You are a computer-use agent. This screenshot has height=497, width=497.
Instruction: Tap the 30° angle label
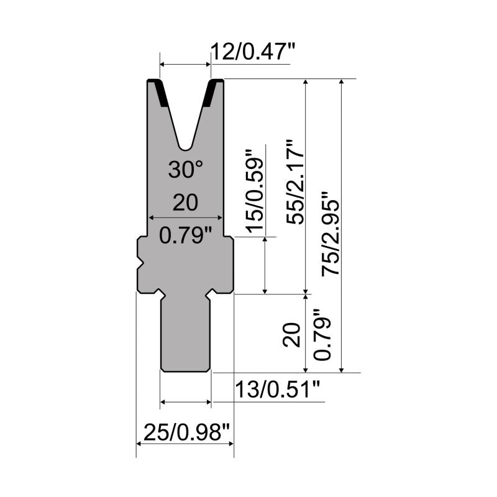[x=185, y=170]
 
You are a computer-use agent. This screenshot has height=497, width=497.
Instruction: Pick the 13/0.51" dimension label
[x=278, y=391]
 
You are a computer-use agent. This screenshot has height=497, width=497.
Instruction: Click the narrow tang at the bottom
[x=185, y=335]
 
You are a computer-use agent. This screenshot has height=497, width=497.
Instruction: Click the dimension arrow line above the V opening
[x=185, y=64]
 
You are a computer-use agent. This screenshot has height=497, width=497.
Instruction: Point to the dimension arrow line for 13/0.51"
[x=185, y=403]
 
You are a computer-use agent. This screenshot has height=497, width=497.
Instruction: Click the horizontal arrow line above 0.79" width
[x=185, y=217]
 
